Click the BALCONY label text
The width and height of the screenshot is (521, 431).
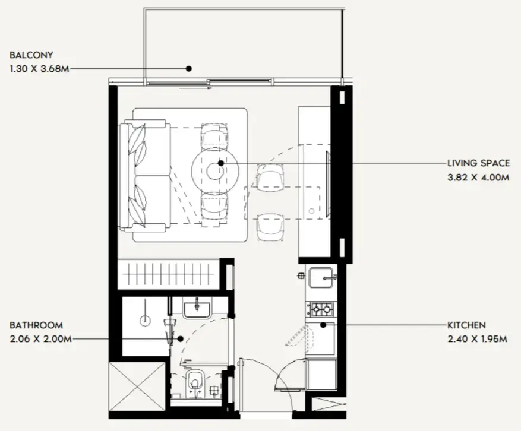pos(31,55)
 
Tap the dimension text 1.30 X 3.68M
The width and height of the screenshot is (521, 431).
pos(40,69)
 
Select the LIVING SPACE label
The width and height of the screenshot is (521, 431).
pos(478,163)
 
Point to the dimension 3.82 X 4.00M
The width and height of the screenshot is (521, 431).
pos(478,178)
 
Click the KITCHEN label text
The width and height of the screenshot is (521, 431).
pos(466,325)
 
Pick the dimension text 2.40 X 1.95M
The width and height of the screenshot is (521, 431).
pos(477,339)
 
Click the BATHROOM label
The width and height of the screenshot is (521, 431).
pos(36,325)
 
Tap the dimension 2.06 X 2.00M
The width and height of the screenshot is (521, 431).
pos(40,339)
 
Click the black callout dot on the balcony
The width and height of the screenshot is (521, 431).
pos(189,69)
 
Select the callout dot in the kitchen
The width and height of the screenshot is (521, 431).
pos(323,325)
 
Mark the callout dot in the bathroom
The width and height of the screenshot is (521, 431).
pos(181,339)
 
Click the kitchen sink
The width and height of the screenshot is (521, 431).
pos(321,278)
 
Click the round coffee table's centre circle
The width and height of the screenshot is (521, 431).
pos(215,171)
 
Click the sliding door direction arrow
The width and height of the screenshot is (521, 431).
pos(195,88)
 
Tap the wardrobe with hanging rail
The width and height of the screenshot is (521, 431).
pos(169,274)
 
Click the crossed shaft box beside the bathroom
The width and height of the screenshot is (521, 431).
pos(137,387)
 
